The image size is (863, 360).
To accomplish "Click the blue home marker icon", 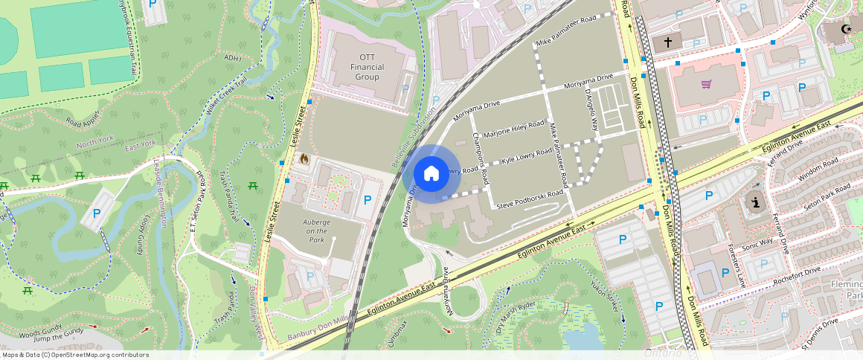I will [431, 174].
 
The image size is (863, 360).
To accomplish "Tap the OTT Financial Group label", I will [368, 67].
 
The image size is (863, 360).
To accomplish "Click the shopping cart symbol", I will [706, 83].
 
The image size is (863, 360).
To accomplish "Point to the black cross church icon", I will [668, 42].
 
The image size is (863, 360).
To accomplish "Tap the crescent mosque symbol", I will [844, 30].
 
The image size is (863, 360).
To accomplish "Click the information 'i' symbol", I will [757, 202].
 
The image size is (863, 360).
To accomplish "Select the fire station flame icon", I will [304, 158].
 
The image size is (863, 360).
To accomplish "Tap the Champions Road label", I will [481, 159].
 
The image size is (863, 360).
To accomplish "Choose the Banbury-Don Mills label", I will [318, 327].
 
